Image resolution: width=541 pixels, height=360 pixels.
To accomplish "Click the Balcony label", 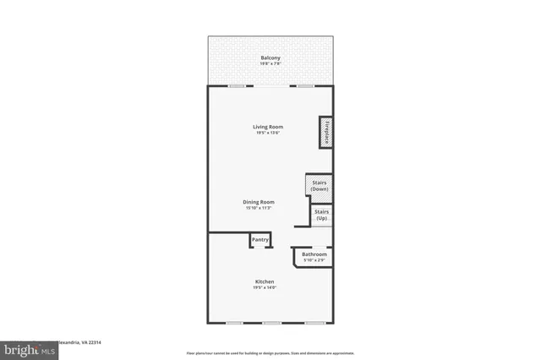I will [x=270, y=57].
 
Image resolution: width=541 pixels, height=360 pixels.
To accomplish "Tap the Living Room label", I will [x=268, y=127].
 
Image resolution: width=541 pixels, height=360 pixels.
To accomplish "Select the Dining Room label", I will [x=259, y=202].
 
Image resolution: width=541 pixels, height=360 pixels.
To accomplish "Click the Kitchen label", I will [x=265, y=281].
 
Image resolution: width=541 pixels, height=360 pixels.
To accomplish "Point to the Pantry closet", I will [x=260, y=240].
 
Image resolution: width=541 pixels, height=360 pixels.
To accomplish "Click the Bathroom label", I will [x=314, y=254].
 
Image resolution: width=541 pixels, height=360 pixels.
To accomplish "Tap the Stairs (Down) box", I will [x=320, y=186].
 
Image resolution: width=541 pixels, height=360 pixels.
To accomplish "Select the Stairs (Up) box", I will [x=321, y=215].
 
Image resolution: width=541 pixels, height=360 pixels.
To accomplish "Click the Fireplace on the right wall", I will [x=325, y=131].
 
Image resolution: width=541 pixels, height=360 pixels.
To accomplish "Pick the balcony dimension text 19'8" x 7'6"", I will [x=270, y=64].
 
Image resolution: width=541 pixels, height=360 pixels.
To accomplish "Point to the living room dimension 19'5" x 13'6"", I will [x=268, y=133].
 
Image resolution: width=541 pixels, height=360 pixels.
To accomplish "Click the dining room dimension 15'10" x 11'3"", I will [x=259, y=208].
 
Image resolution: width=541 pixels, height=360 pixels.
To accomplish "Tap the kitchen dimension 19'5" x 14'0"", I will [x=265, y=288].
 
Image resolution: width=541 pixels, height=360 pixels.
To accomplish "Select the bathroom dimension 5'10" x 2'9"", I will [x=314, y=260].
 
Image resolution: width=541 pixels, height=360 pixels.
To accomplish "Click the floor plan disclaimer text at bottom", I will [x=270, y=352].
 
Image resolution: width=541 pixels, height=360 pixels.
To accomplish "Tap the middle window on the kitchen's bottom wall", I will [x=271, y=324].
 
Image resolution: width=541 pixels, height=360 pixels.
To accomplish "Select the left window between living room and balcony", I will [x=238, y=85].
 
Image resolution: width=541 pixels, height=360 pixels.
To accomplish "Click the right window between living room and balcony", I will [x=304, y=85].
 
